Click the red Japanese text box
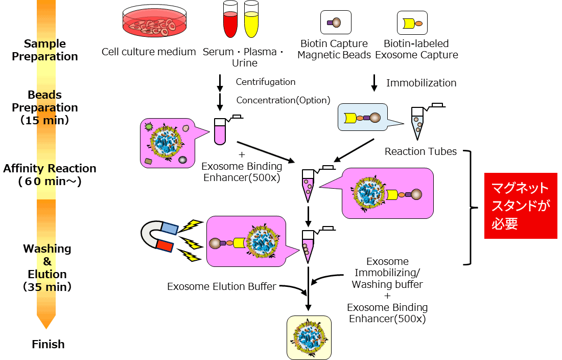[x=521, y=206]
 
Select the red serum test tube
[x=230, y=19]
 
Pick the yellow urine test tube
[x=251, y=19]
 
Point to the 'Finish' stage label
[x=48, y=344]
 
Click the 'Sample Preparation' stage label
[x=45, y=50]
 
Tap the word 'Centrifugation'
[x=265, y=82]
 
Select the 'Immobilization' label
[x=421, y=83]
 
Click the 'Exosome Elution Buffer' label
[x=221, y=286]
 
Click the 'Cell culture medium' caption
[x=149, y=52]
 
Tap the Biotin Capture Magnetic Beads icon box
[x=335, y=22]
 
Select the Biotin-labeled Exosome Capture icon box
[x=412, y=23]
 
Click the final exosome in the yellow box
[x=309, y=337]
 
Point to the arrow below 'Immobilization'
[x=374, y=83]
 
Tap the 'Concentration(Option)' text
[x=283, y=100]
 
